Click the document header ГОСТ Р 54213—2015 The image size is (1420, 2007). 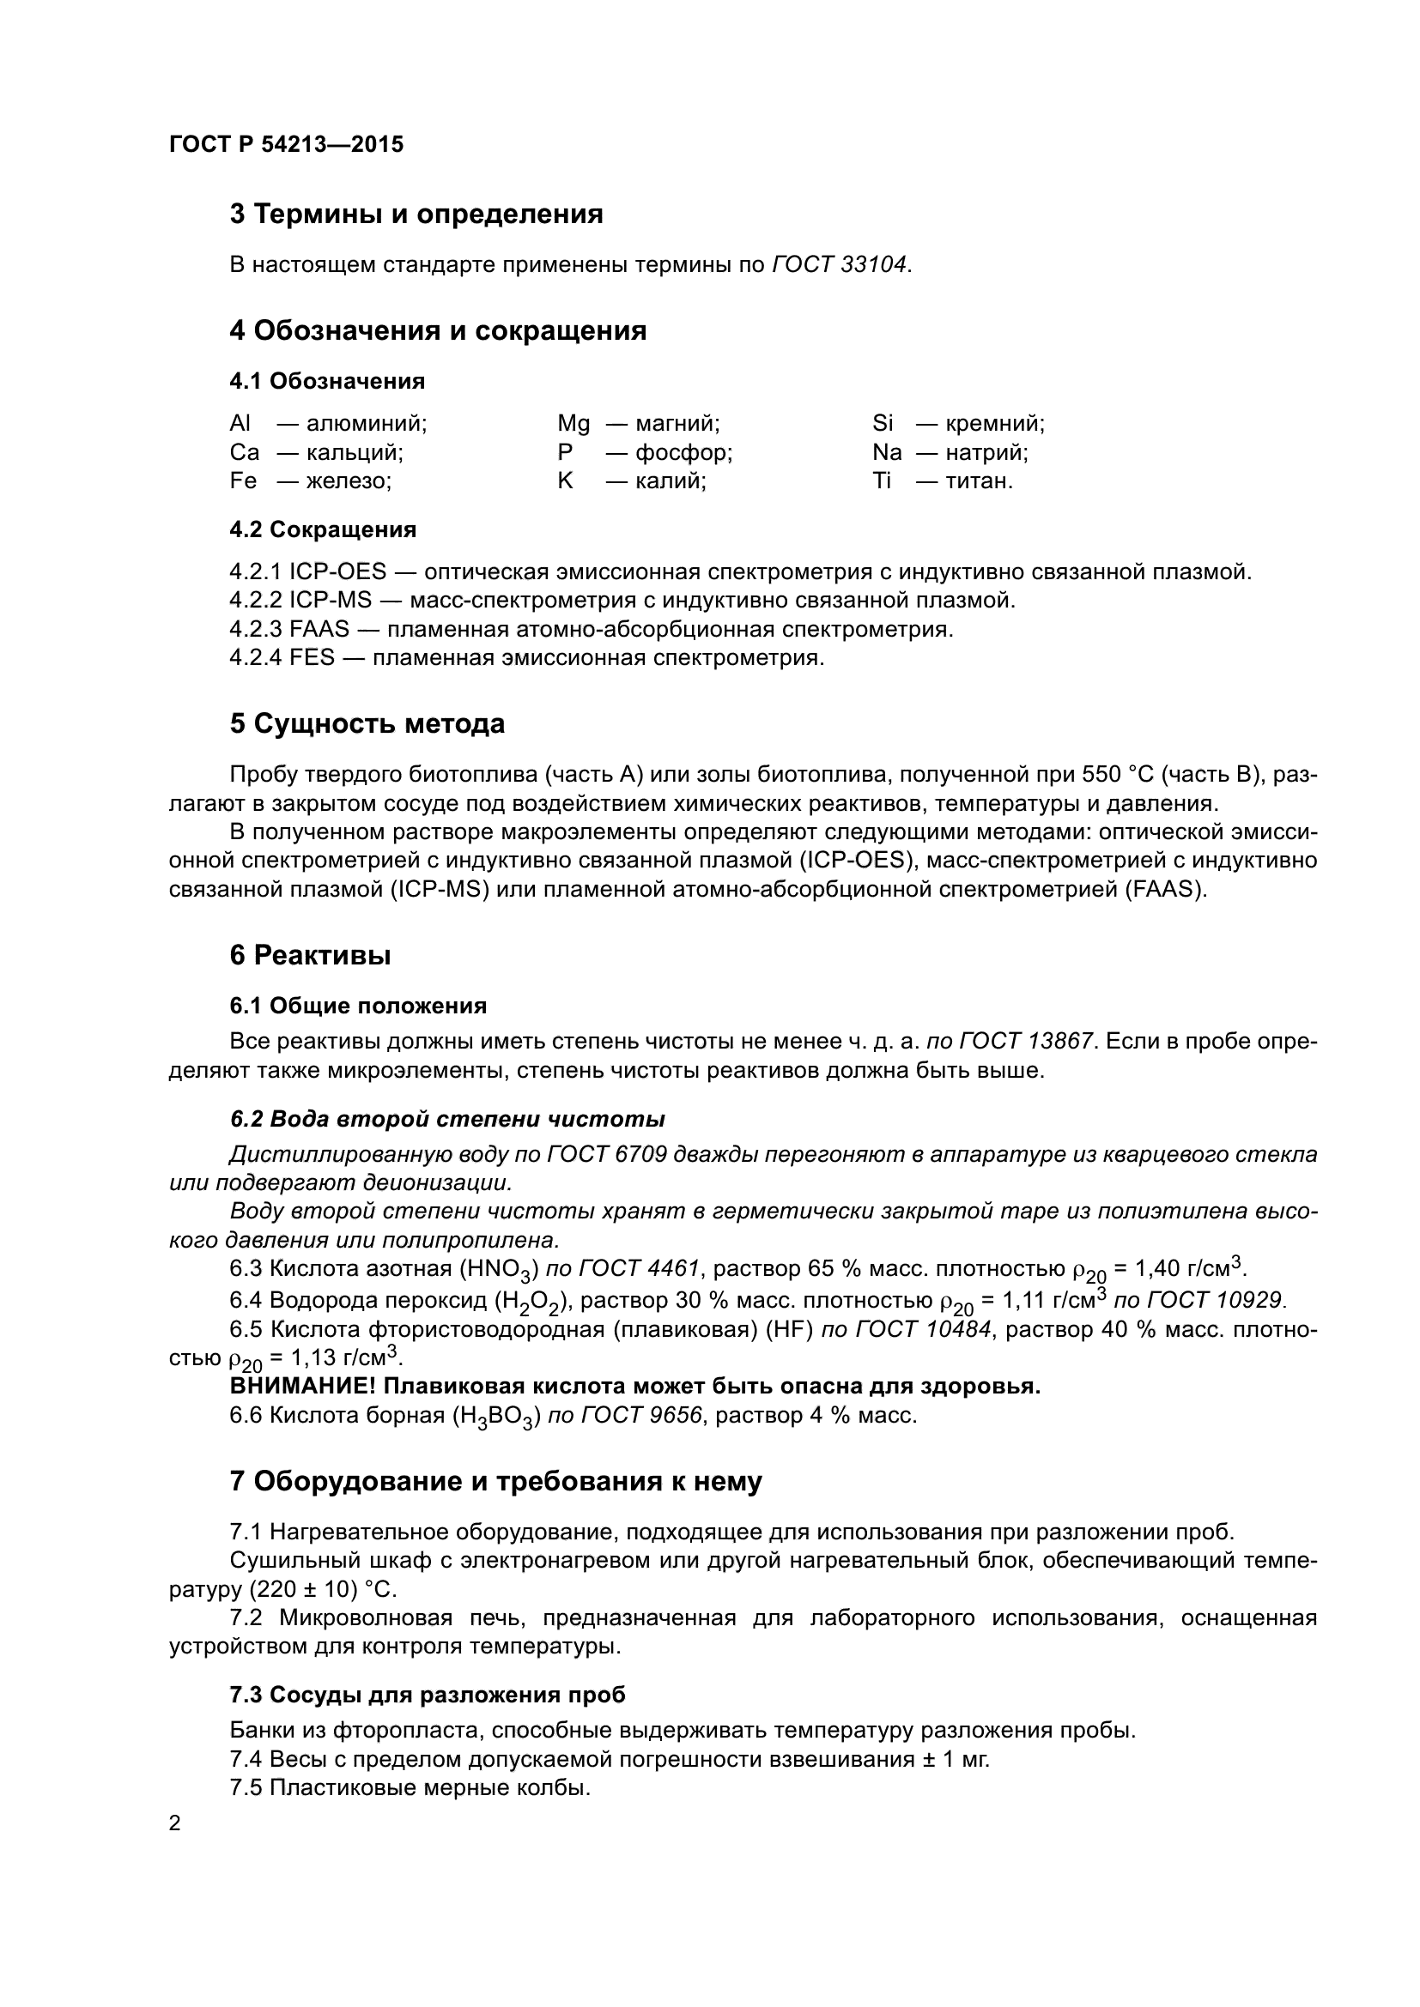286,145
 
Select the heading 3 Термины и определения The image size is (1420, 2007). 416,215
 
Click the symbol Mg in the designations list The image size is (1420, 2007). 573,424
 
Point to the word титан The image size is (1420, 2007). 979,481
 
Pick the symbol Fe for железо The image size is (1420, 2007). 243,481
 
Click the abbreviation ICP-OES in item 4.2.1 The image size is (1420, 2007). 337,572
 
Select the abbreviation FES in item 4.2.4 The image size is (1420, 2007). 313,658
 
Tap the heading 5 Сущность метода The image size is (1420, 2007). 367,724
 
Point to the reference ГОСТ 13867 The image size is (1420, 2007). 1026,1041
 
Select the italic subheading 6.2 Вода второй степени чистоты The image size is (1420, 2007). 446,1119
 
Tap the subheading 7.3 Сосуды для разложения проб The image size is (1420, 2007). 428,1695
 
